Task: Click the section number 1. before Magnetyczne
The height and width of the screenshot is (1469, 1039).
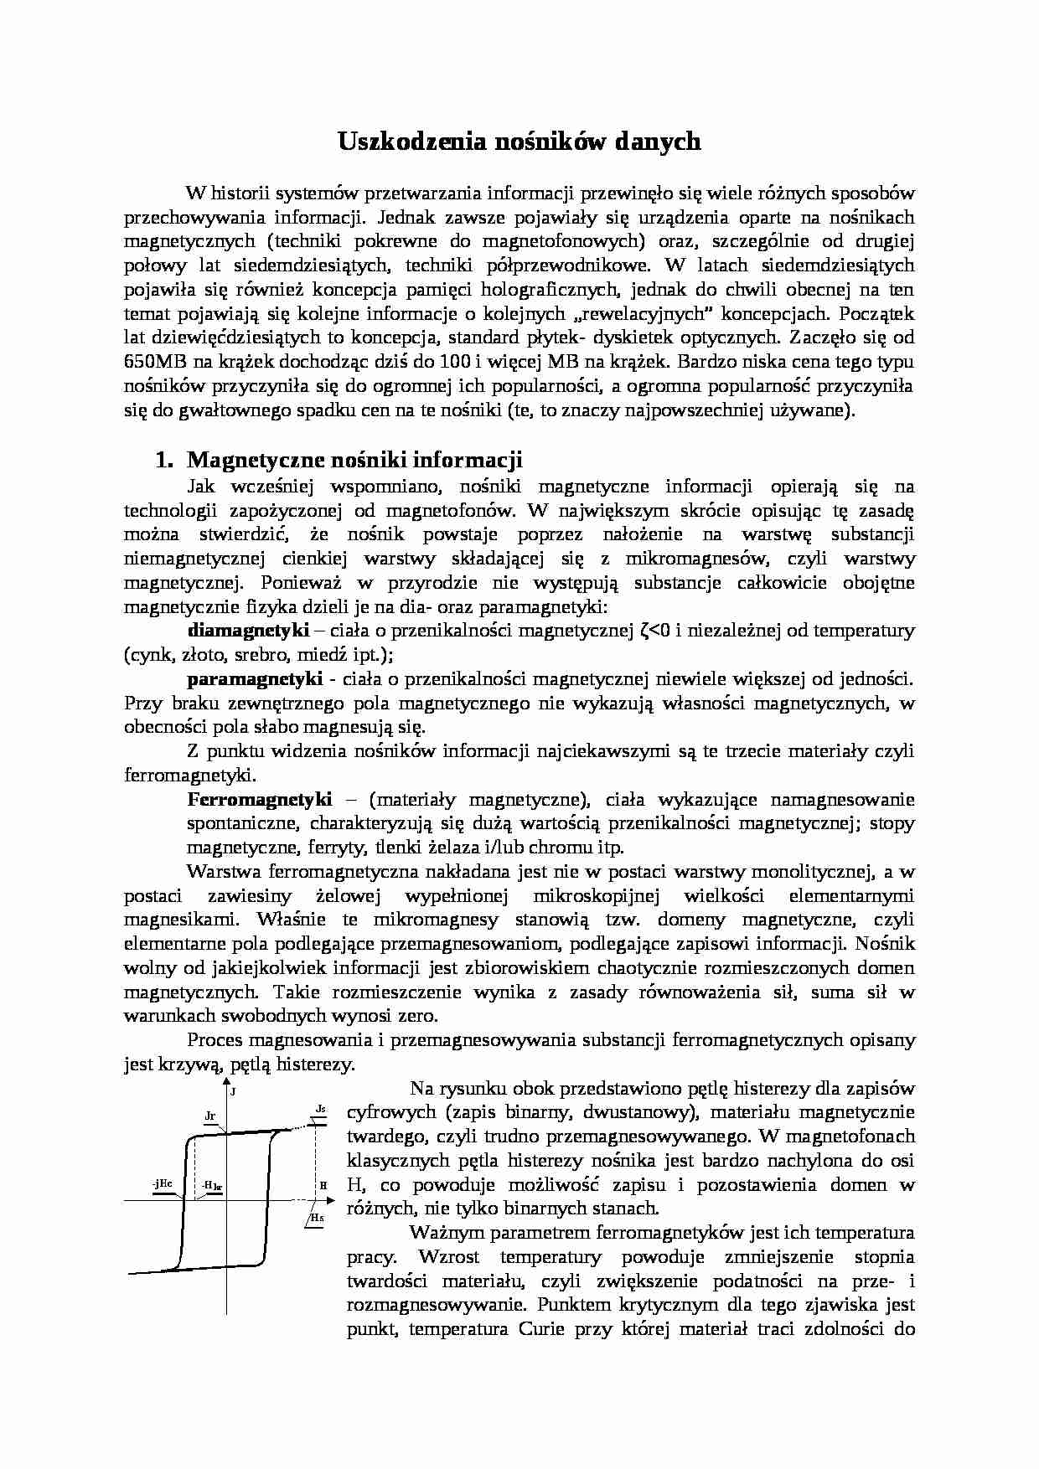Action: point(164,460)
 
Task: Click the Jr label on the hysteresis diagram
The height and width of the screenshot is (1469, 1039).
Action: point(210,1116)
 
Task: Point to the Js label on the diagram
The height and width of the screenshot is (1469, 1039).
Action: point(320,1109)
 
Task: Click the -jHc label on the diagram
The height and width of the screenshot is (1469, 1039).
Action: point(163,1183)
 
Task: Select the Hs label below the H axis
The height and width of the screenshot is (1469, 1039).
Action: point(316,1217)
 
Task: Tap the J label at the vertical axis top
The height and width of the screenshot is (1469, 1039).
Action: point(233,1092)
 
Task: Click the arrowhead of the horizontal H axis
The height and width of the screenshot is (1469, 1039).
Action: point(333,1199)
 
